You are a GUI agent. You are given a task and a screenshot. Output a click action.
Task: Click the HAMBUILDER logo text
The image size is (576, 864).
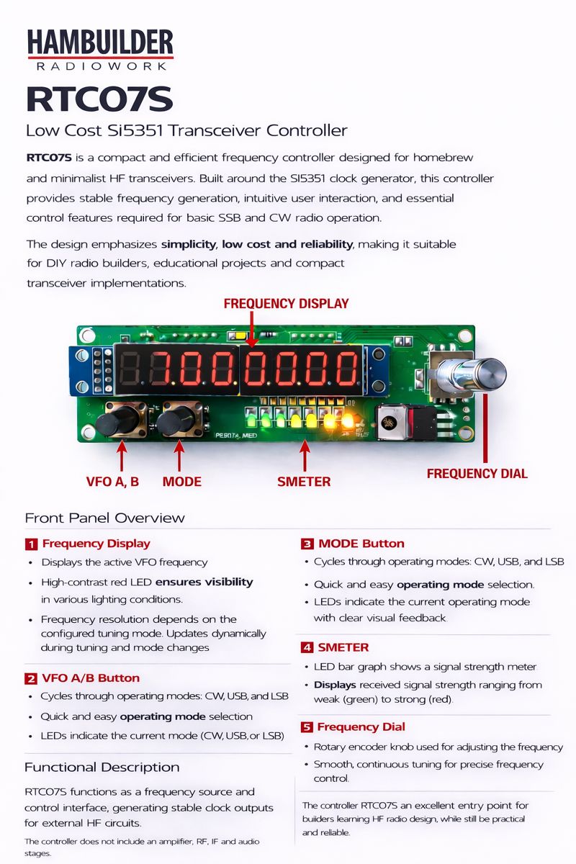pyautogui.click(x=100, y=42)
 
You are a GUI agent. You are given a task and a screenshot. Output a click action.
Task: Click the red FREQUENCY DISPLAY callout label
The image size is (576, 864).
pyautogui.click(x=286, y=303)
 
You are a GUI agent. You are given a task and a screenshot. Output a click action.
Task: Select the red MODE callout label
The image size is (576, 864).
pyautogui.click(x=181, y=482)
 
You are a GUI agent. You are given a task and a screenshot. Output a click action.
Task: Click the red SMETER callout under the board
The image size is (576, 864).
pyautogui.click(x=304, y=482)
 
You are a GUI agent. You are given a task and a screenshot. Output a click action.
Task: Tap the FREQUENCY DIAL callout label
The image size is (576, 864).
pyautogui.click(x=477, y=474)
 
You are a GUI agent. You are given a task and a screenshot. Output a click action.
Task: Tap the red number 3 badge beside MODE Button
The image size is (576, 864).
pyautogui.click(x=307, y=544)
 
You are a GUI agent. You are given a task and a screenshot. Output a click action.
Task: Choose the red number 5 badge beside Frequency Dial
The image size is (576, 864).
pyautogui.click(x=307, y=727)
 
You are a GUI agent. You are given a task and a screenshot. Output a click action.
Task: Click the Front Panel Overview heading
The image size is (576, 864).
pyautogui.click(x=104, y=518)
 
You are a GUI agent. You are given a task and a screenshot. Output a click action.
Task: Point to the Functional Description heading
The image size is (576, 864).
pyautogui.click(x=102, y=767)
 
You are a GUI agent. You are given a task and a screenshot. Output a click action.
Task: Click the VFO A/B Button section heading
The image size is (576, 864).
pyautogui.click(x=91, y=678)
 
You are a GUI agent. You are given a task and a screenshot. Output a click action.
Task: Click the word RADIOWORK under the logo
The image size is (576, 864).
pyautogui.click(x=101, y=66)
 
